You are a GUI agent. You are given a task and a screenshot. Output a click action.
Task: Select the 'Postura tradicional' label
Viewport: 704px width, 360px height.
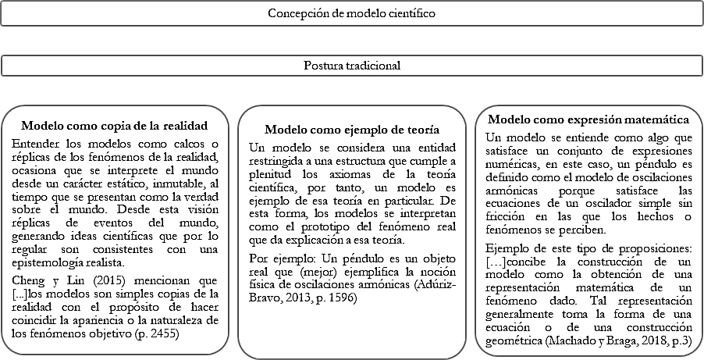(x=351, y=66)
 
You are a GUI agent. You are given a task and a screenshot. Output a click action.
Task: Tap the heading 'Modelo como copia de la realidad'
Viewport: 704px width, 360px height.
(x=114, y=126)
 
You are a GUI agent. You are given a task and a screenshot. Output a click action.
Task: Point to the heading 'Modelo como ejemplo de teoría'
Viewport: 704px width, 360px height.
(x=351, y=130)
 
